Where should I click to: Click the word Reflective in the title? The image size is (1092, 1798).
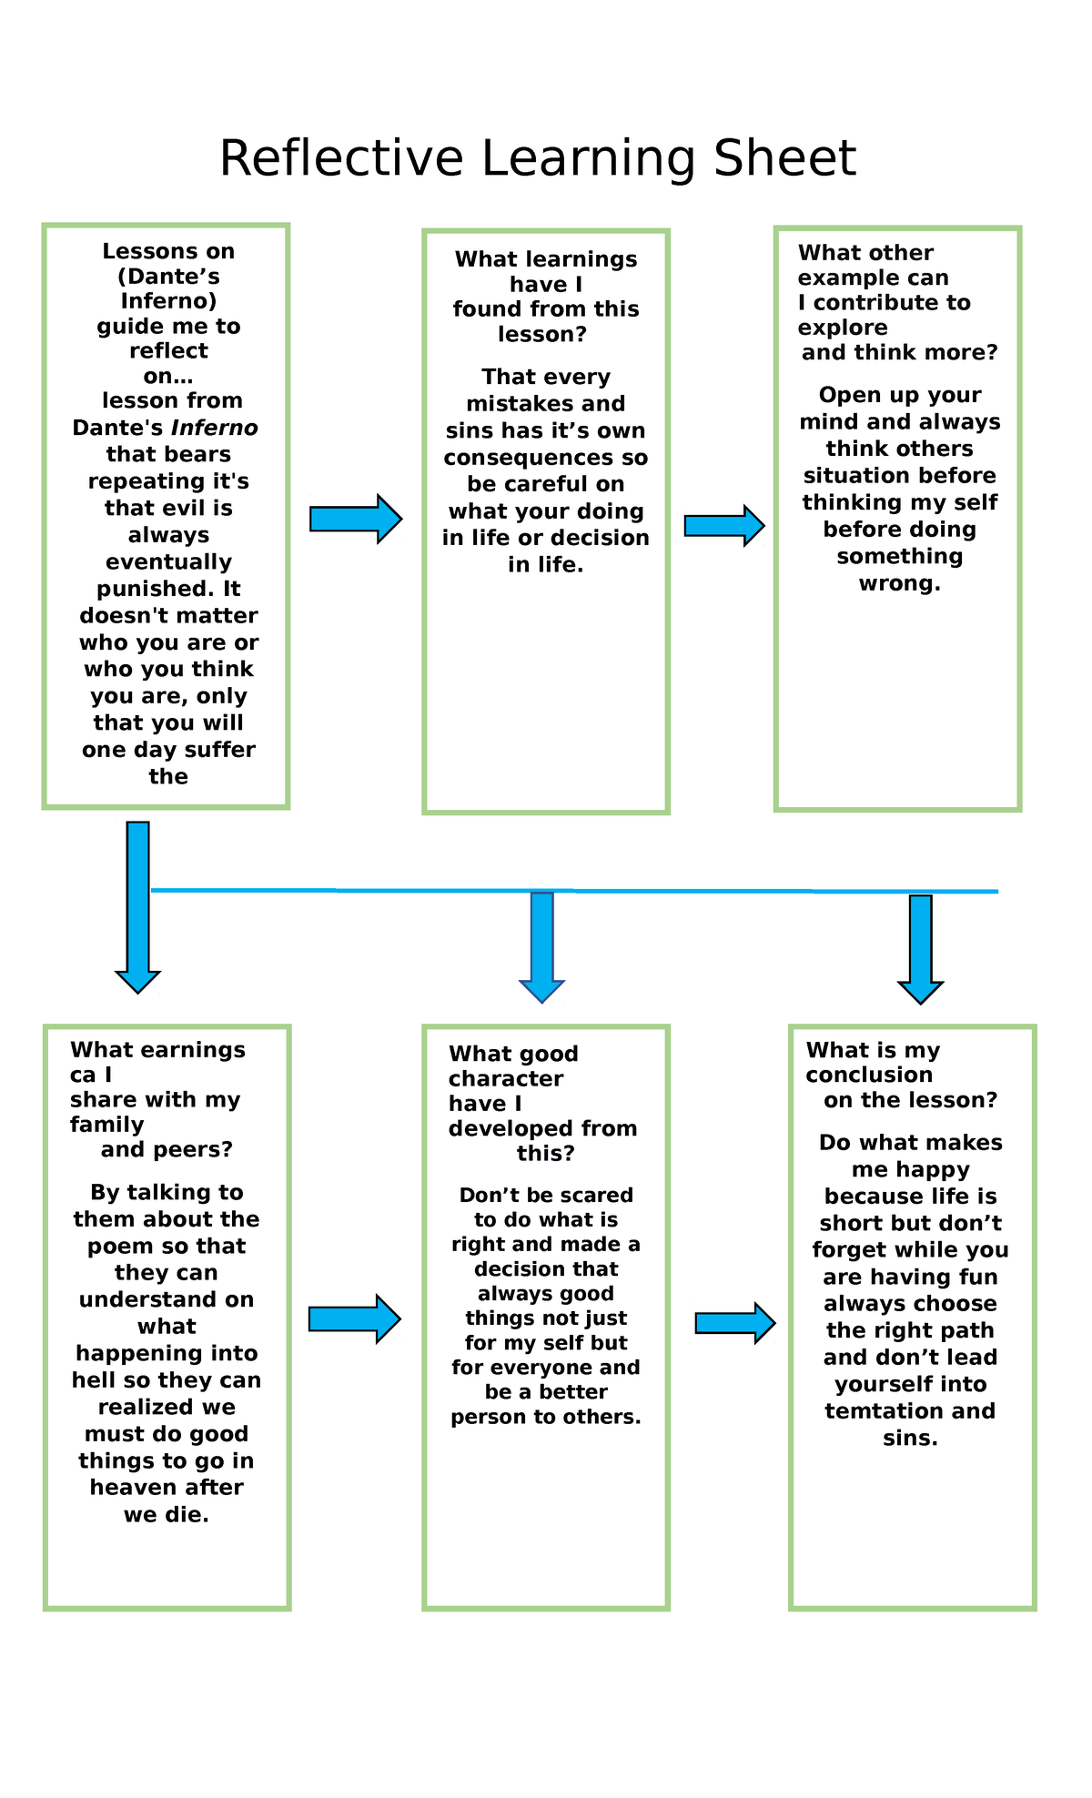pyautogui.click(x=341, y=158)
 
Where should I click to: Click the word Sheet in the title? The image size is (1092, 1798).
pyautogui.click(x=784, y=158)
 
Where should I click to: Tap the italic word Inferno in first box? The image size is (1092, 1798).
pyautogui.click(x=215, y=428)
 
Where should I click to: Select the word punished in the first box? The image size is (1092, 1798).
pyautogui.click(x=154, y=589)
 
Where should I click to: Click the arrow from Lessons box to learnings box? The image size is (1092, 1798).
pyautogui.click(x=356, y=520)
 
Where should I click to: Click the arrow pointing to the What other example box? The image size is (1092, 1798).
pyautogui.click(x=724, y=526)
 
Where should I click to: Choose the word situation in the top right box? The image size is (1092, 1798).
pyautogui.click(x=860, y=476)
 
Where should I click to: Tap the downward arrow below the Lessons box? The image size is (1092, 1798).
pyautogui.click(x=138, y=906)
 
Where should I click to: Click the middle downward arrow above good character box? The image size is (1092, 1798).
pyautogui.click(x=542, y=946)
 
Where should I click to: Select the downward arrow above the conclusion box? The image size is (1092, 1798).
pyautogui.click(x=921, y=949)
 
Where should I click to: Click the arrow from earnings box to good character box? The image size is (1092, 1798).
pyautogui.click(x=354, y=1318)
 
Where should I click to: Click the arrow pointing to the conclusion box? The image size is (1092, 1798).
pyautogui.click(x=735, y=1323)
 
